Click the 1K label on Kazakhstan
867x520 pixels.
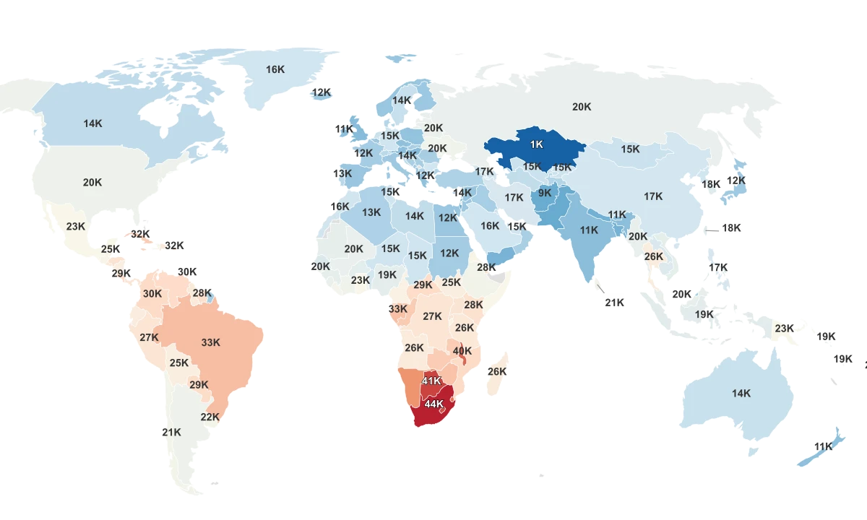(x=536, y=144)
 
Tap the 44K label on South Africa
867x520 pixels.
(x=433, y=404)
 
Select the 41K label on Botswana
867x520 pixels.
(x=431, y=381)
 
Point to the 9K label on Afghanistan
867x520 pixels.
(x=544, y=193)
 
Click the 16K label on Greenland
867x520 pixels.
(x=275, y=69)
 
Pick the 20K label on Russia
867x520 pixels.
(x=582, y=106)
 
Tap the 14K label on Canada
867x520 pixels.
(x=92, y=123)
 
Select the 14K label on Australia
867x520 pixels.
(x=741, y=394)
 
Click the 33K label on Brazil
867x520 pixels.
(x=211, y=342)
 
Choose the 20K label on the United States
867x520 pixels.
(x=92, y=183)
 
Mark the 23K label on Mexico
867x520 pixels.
(x=76, y=226)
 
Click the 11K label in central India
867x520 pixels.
(x=589, y=230)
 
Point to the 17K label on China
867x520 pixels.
(x=653, y=196)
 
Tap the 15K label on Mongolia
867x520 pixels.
(x=630, y=149)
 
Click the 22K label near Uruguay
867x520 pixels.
(x=210, y=417)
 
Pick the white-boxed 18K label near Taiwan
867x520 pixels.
(x=731, y=227)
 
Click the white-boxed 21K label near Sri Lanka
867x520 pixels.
(x=614, y=303)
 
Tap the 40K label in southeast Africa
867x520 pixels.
(x=462, y=351)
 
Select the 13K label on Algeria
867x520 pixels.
(x=371, y=212)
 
